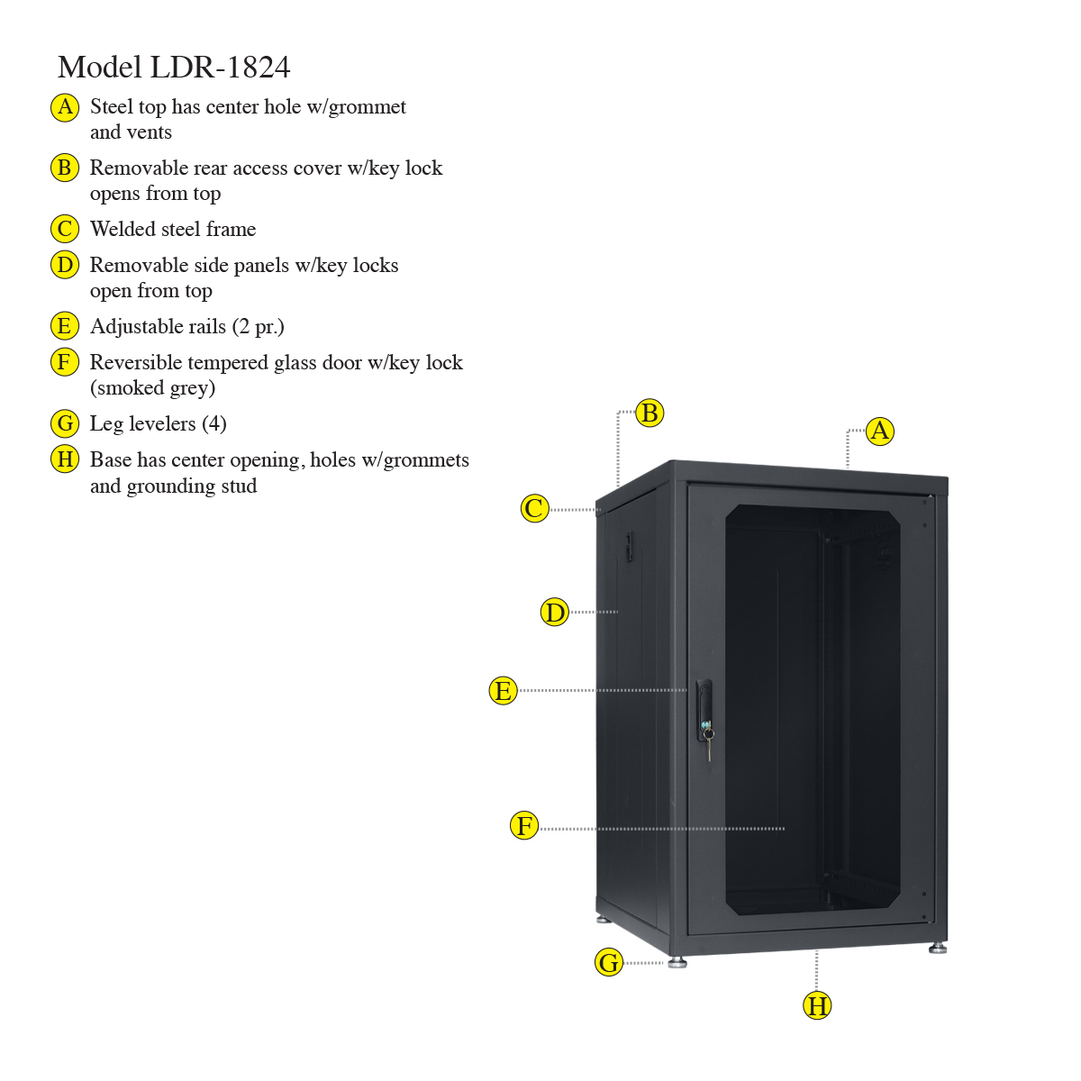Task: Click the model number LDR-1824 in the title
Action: coord(220,68)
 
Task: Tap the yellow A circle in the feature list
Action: coord(65,107)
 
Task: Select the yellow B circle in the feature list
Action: coord(65,168)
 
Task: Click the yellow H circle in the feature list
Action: coord(65,459)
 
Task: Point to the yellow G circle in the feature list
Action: coord(65,423)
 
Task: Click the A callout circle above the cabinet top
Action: coord(879,431)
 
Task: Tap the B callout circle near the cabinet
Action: coord(650,413)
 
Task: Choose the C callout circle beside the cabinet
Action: coord(534,509)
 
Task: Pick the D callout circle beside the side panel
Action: coord(555,612)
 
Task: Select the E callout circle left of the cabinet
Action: coord(504,691)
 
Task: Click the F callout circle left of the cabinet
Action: coord(524,825)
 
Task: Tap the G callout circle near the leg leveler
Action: coord(609,963)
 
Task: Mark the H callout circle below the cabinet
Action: coord(817,1005)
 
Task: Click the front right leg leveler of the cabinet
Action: coord(938,949)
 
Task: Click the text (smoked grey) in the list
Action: coord(152,388)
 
